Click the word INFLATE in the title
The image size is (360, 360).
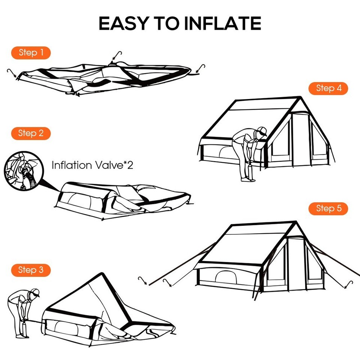click(223, 24)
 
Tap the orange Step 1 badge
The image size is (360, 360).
click(31, 53)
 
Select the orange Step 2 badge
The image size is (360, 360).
click(31, 133)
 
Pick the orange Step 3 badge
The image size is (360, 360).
click(31, 270)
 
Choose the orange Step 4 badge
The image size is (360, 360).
click(328, 88)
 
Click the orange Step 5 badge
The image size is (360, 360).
click(328, 208)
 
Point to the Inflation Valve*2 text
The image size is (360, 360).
click(92, 165)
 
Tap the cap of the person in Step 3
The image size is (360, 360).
click(35, 292)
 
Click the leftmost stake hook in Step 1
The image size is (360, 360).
click(12, 72)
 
